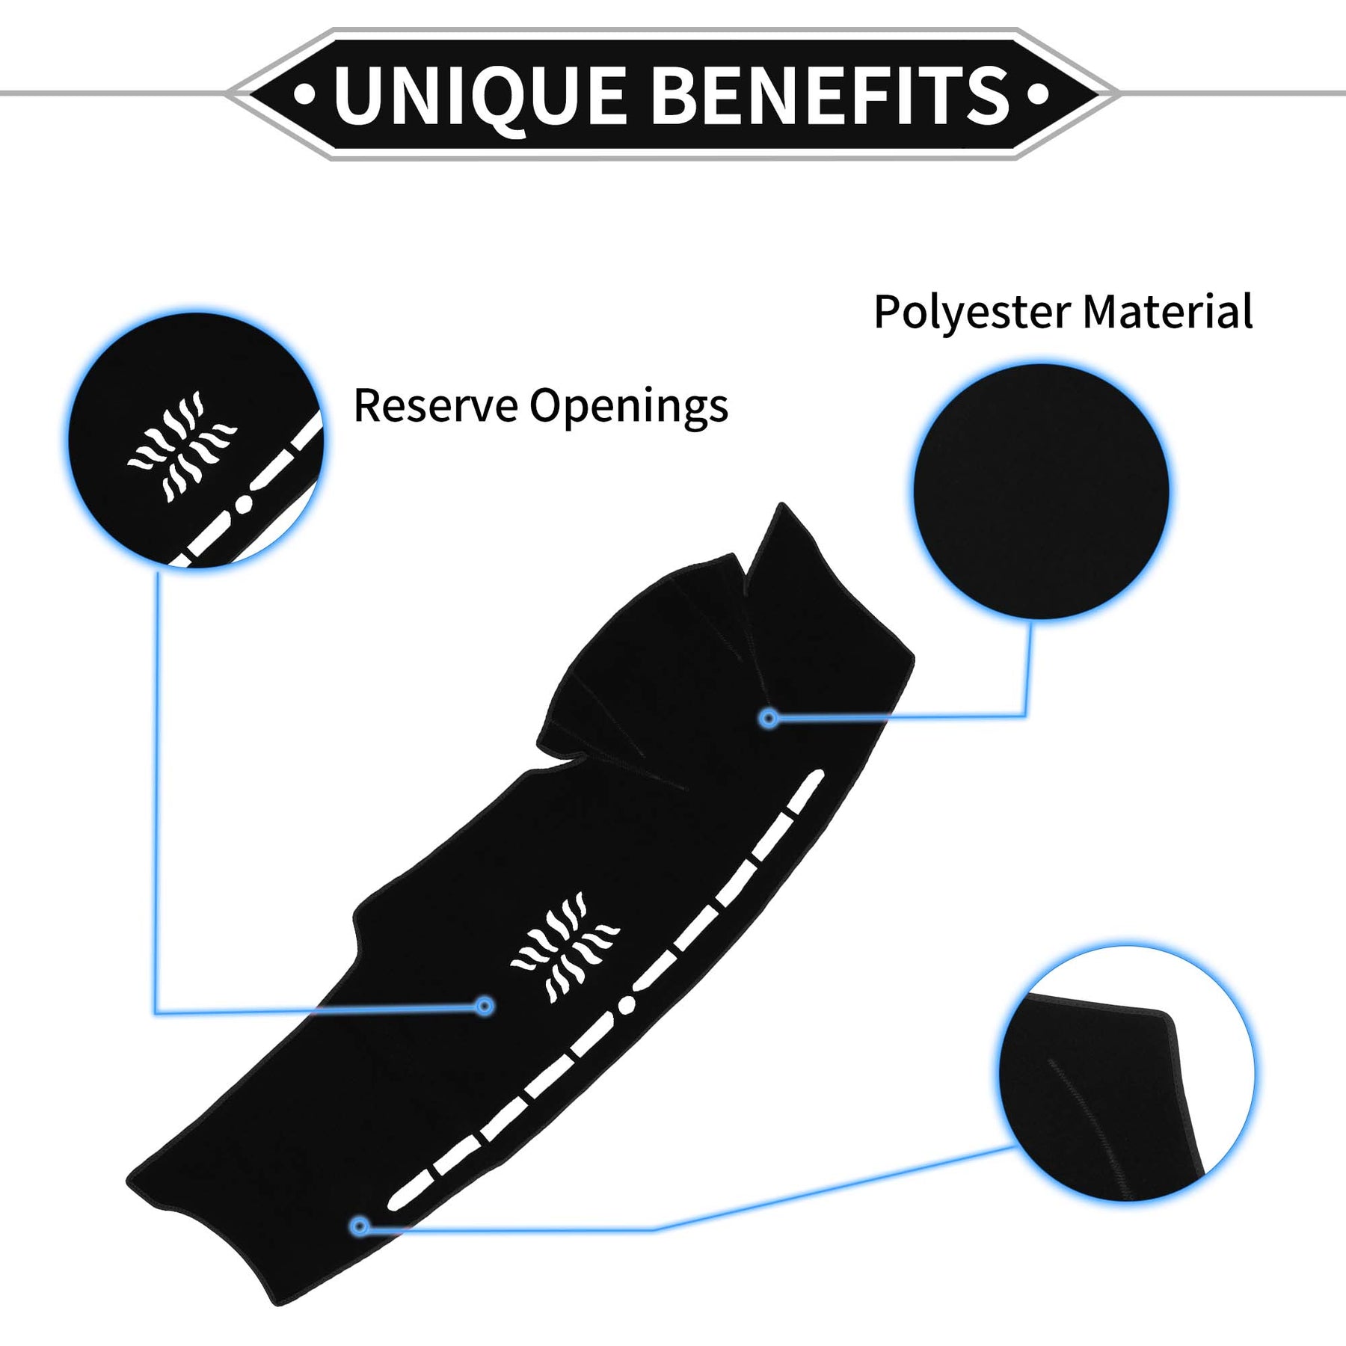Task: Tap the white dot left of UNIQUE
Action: pos(304,95)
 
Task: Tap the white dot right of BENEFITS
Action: pos(1037,94)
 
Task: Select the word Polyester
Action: pos(971,312)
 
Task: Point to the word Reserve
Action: pos(435,406)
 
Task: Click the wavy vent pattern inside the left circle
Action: pos(182,446)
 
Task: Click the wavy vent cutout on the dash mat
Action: pos(565,947)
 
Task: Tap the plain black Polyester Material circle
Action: pos(1041,491)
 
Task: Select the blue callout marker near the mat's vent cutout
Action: pos(485,1006)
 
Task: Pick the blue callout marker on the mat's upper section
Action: pos(768,719)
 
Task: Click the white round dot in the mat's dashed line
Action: pos(627,1004)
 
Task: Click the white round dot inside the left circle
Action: pos(243,505)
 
